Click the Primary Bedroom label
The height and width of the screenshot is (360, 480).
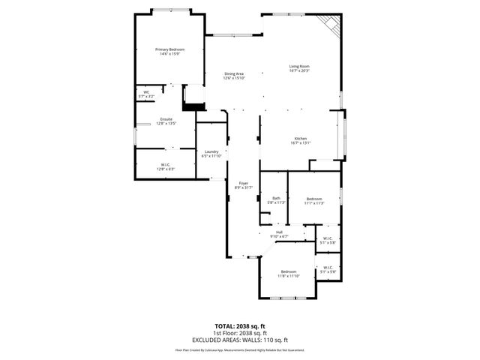pos(170,49)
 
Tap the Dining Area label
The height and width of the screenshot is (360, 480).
pos(233,73)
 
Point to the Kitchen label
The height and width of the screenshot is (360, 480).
pos(300,139)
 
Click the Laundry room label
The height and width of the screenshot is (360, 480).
pos(211,152)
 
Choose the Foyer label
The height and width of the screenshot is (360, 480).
pos(243,183)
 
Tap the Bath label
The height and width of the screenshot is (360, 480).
pos(276,198)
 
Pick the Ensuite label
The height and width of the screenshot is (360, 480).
pos(166,119)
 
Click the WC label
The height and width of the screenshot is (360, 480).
pos(146,93)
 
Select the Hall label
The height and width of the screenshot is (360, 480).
pos(279,232)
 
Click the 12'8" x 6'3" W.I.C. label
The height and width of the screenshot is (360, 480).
pos(166,165)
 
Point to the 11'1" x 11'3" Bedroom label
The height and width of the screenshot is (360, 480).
pos(313,199)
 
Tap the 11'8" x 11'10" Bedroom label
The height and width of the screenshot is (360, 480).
pos(289,271)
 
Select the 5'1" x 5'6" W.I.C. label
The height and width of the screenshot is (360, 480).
pos(328,267)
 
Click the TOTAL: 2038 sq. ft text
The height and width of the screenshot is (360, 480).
pos(240,326)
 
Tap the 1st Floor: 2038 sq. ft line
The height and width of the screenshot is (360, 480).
pos(240,333)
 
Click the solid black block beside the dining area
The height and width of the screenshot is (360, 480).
pos(193,107)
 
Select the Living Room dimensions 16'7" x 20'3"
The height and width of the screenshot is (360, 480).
pos(299,71)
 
